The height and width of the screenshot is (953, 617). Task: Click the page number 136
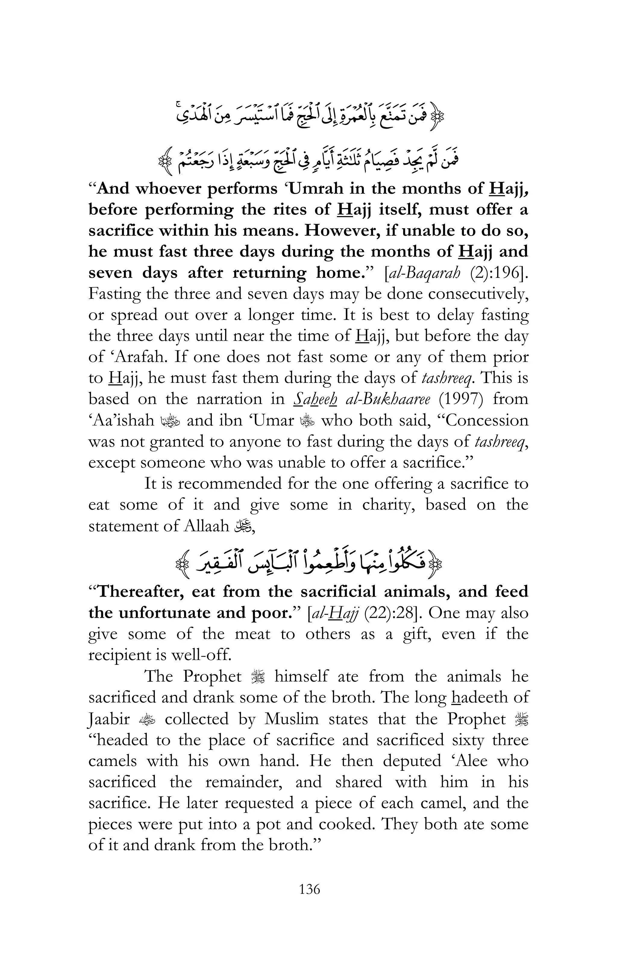point(309,889)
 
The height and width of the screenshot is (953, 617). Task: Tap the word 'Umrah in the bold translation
point(314,189)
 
